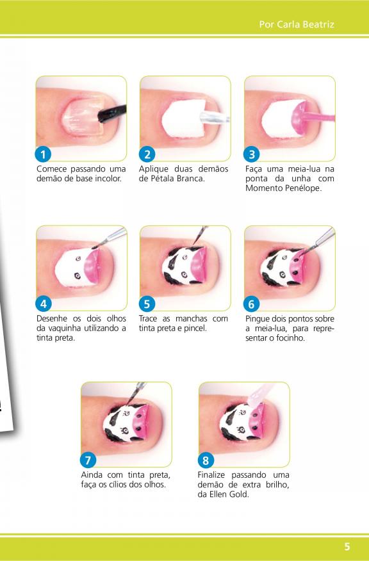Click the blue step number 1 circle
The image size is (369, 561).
coord(43,154)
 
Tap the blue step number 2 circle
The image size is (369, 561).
coord(147,154)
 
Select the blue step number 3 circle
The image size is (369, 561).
coord(252,154)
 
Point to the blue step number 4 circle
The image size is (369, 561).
coord(44,304)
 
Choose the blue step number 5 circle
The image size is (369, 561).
coord(147,304)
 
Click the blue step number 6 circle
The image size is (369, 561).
coord(251,304)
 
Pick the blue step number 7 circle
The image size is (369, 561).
coord(88,460)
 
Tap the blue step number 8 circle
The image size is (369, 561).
coord(206,460)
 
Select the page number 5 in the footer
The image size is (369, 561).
coord(347,546)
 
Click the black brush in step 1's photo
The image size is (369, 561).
coord(112,113)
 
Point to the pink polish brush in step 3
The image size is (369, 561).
coord(315,117)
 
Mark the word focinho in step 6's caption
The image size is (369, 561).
coord(290,338)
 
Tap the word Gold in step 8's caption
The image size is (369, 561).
coord(239,494)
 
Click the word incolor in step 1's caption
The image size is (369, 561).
coord(108,179)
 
